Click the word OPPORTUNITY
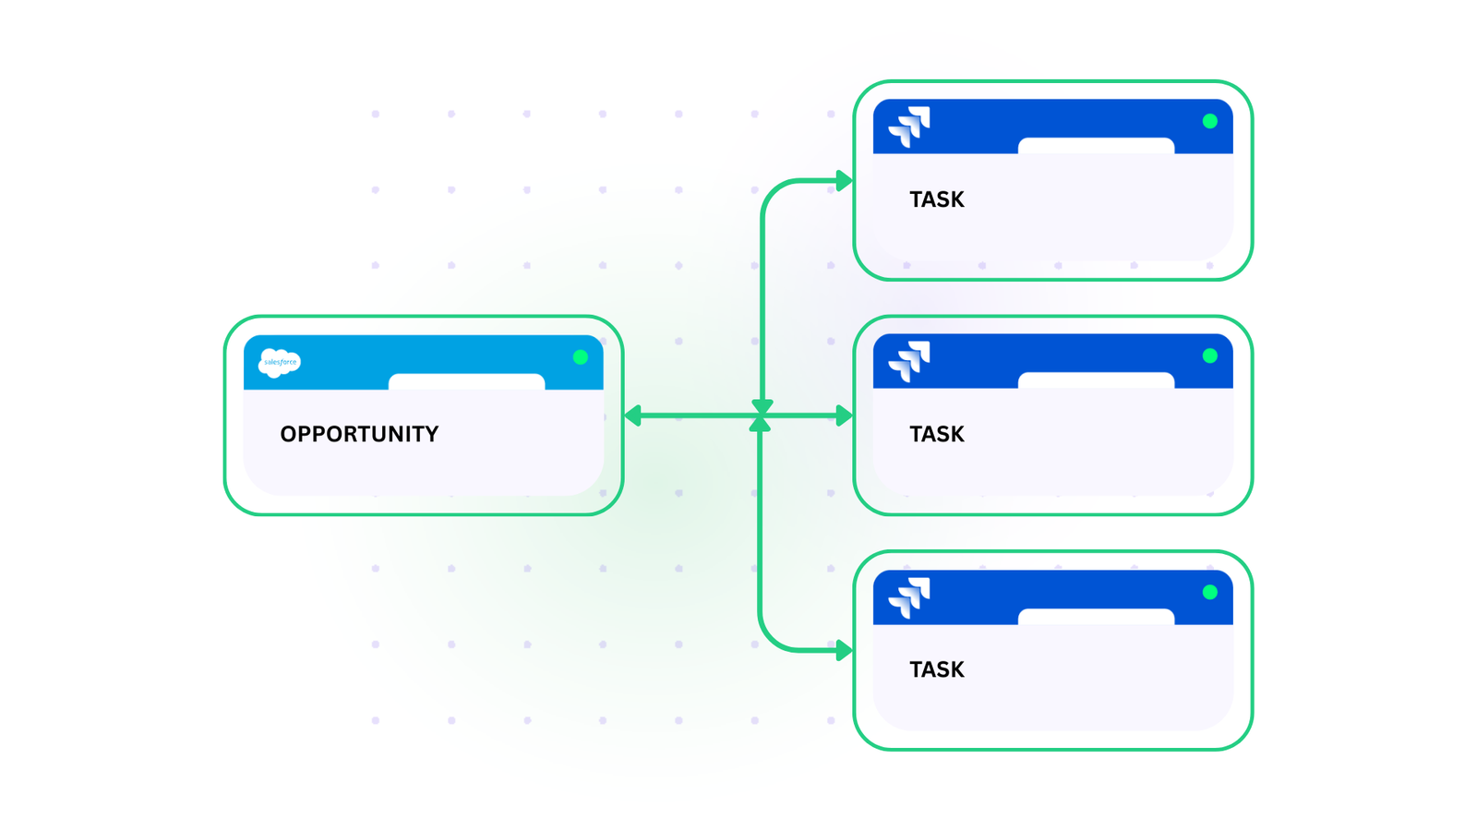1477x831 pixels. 359,434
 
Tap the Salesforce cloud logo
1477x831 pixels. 279,362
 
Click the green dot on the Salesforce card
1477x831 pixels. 580,357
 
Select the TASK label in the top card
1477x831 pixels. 936,199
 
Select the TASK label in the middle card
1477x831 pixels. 936,434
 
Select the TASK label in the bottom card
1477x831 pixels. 936,669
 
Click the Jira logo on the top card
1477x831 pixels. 909,126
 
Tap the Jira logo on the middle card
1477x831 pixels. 909,361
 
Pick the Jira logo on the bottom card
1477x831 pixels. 909,597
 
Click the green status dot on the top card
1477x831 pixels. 1209,121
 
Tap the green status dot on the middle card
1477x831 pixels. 1209,356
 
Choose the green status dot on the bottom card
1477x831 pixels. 1209,592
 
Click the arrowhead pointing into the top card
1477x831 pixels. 844,181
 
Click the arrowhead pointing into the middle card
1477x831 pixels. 844,416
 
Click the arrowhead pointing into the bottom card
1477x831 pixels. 844,651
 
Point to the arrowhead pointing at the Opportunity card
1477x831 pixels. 633,416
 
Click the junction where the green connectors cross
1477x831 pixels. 761,416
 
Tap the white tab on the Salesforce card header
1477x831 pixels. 466,382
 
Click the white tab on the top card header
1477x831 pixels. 1096,146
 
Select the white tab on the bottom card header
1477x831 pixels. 1096,617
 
